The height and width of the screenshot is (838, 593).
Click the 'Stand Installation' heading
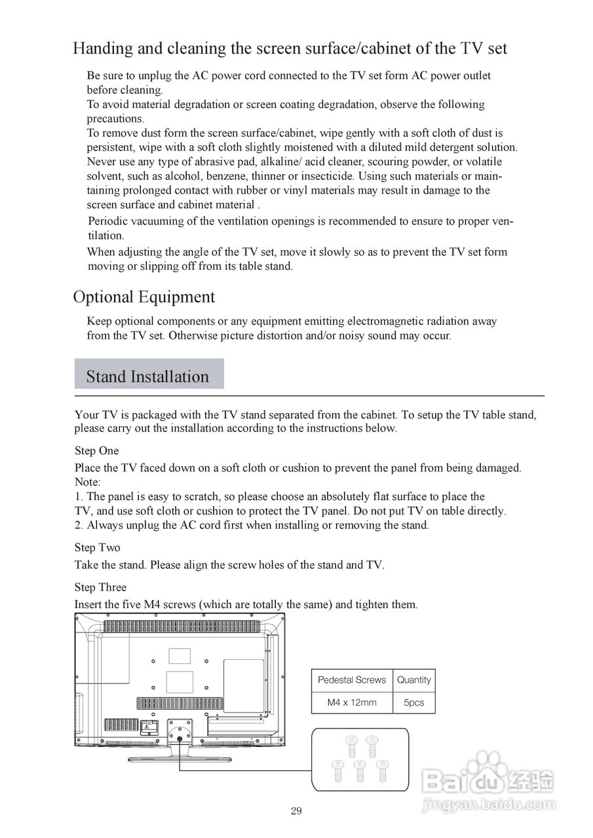(x=147, y=376)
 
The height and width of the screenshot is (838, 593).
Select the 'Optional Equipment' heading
(x=143, y=297)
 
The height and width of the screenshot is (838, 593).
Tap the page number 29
(x=296, y=811)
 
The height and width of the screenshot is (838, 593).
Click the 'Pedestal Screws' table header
(x=352, y=680)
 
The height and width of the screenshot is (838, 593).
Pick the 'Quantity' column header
(x=413, y=680)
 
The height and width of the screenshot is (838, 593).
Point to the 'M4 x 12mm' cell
(x=352, y=702)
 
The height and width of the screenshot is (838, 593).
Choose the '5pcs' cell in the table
(x=413, y=702)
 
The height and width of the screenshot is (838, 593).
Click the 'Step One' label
(x=96, y=450)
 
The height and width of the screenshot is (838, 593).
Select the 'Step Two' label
(x=97, y=547)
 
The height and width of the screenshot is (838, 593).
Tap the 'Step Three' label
(x=100, y=587)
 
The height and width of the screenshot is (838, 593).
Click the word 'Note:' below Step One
(x=87, y=482)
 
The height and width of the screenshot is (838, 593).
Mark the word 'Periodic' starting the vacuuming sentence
(x=109, y=221)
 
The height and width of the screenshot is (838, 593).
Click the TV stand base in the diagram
(x=180, y=759)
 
